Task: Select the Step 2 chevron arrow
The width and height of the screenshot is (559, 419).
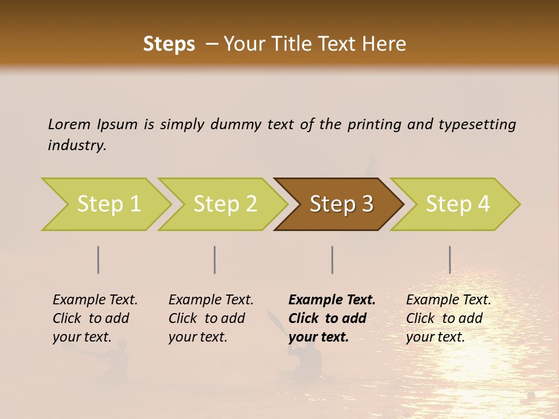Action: tap(225, 204)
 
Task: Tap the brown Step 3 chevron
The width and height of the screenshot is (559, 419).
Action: tap(341, 204)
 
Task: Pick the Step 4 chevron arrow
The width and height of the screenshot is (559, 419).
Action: tap(458, 204)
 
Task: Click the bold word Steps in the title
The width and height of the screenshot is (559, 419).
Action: tap(169, 44)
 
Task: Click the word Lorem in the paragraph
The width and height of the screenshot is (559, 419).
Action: tap(69, 124)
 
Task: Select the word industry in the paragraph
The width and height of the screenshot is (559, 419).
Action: tap(77, 145)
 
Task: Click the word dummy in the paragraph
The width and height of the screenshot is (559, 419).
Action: tap(236, 124)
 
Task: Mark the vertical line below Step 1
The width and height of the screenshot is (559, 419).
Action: tap(98, 260)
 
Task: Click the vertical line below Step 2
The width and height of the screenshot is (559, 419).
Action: tap(215, 260)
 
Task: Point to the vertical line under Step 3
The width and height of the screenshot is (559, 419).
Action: tap(332, 260)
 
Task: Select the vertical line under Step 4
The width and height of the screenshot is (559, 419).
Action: tap(450, 260)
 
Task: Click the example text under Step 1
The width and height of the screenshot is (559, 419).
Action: tap(95, 318)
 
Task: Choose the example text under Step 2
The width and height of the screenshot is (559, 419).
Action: tap(211, 318)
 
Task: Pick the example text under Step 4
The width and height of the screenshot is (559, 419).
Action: tap(448, 318)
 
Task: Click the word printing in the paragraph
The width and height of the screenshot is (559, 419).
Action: tap(374, 124)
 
